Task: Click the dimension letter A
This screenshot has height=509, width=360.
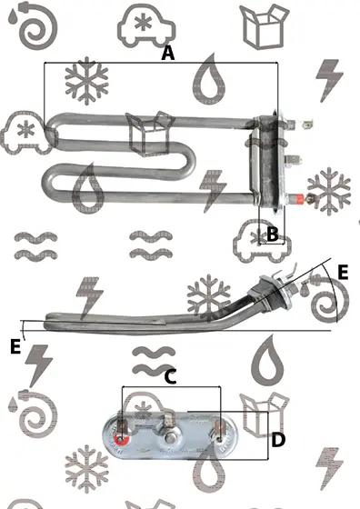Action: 168,53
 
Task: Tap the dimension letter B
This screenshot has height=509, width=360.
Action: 273,234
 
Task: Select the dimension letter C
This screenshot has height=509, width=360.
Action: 170,377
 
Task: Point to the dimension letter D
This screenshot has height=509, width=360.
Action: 278,440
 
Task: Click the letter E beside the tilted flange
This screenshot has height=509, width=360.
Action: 343,272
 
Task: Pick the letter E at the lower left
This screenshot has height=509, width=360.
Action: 15,346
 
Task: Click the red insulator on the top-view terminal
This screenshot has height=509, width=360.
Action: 299,198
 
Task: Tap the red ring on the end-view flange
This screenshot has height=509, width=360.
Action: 122,440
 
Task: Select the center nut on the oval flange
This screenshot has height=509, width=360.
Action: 169,438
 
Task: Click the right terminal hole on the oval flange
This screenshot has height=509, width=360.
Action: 219,440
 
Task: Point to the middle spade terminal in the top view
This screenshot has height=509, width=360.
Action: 294,160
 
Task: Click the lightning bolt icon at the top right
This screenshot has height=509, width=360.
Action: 329,81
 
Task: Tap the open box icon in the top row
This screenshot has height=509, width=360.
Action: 265,26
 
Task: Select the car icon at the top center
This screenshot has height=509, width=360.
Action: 146,26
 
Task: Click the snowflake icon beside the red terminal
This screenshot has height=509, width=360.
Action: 329,191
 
